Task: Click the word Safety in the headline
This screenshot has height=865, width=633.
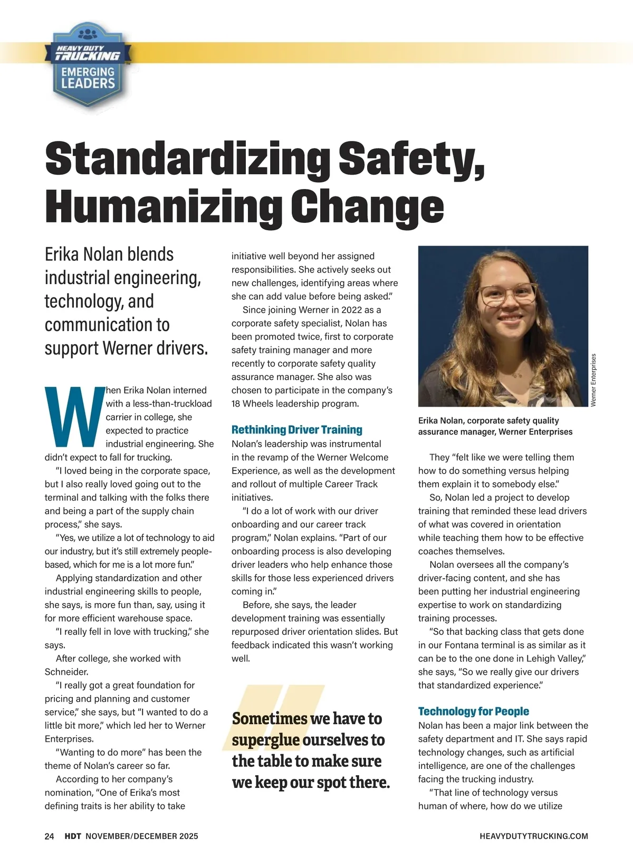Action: pyautogui.click(x=411, y=159)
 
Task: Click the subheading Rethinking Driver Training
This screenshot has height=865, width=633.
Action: pyautogui.click(x=296, y=430)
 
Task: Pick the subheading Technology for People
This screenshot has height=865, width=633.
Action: pyautogui.click(x=473, y=711)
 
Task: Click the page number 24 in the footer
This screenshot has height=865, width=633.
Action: pyautogui.click(x=50, y=836)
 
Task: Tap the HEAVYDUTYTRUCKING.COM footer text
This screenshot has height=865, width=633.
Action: pyautogui.click(x=534, y=836)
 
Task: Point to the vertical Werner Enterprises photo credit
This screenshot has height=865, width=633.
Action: pyautogui.click(x=593, y=380)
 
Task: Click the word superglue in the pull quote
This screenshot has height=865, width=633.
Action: pyautogui.click(x=266, y=740)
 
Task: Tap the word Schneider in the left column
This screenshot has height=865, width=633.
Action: pyautogui.click(x=66, y=672)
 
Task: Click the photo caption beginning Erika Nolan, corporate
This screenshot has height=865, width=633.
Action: pyautogui.click(x=495, y=426)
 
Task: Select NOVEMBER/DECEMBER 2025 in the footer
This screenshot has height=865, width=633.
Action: pyautogui.click(x=142, y=836)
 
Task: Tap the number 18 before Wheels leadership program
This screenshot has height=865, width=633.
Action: pyautogui.click(x=237, y=404)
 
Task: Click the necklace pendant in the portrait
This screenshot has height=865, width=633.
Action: pyautogui.click(x=517, y=375)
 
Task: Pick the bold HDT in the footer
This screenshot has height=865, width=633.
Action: pyautogui.click(x=73, y=836)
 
